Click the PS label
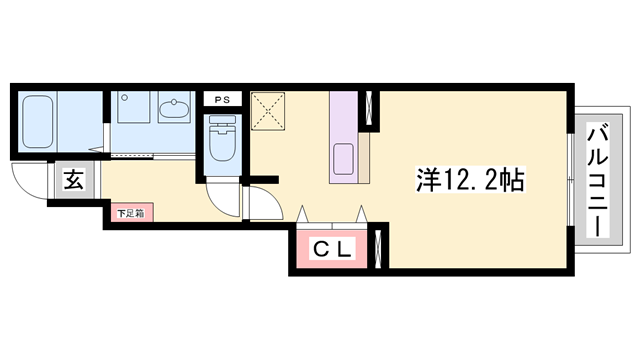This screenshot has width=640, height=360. click(221, 100)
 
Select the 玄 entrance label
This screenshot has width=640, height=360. click(74, 181)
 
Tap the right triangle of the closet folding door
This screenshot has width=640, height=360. click(362, 214)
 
